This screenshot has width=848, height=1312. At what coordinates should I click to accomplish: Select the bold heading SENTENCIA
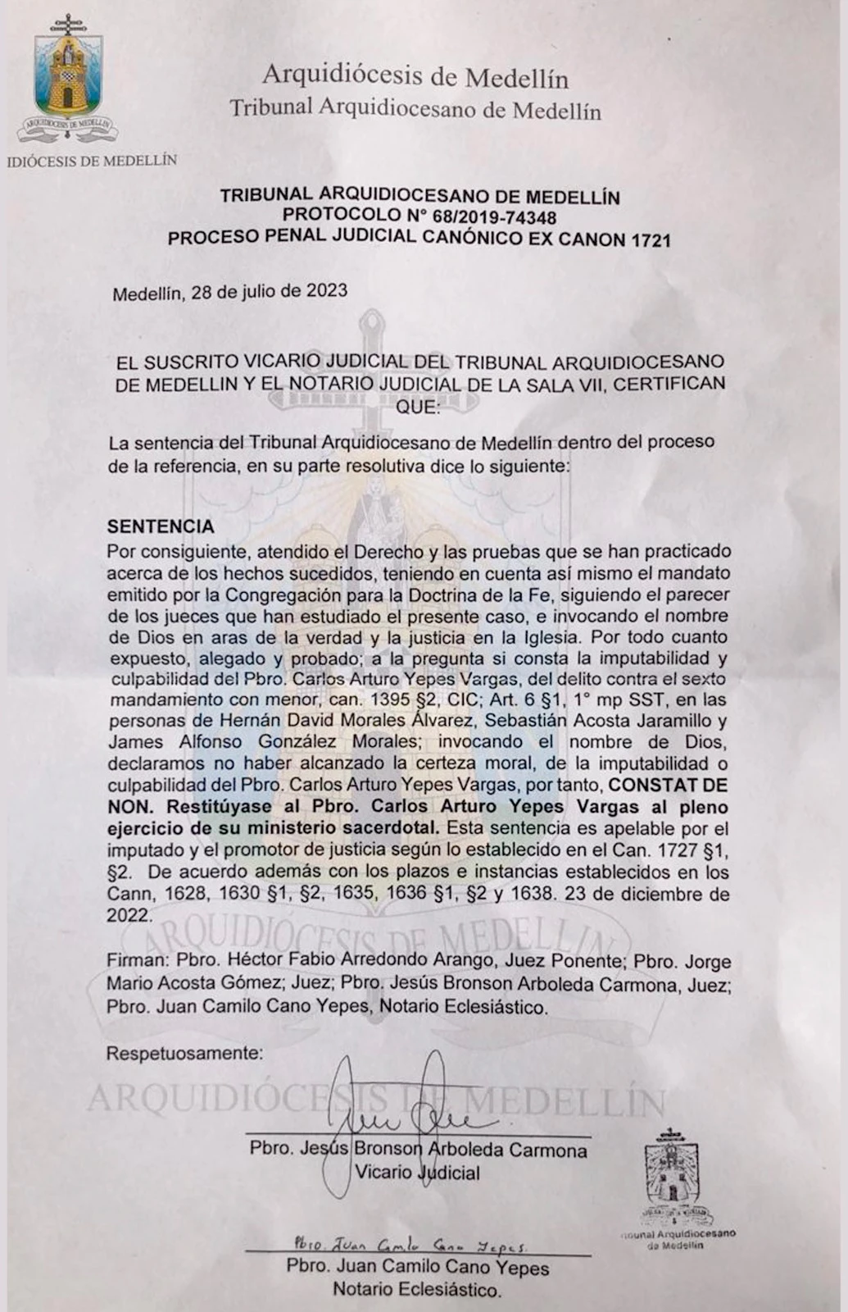(161, 526)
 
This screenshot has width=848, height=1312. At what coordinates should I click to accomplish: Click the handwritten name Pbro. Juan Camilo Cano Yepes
(410, 1244)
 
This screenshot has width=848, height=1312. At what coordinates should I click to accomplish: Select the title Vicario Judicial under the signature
(418, 1173)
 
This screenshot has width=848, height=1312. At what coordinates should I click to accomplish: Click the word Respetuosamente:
(184, 1053)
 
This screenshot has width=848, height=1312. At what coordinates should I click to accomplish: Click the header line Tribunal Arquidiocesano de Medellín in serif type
(415, 109)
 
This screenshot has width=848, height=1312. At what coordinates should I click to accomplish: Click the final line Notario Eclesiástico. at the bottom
(416, 1290)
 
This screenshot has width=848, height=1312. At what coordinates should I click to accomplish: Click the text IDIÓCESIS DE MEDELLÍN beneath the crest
(92, 161)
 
